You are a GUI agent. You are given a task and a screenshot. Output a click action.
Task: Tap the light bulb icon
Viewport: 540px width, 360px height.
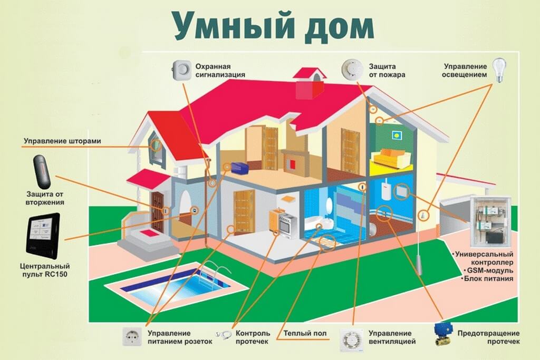point(499,70)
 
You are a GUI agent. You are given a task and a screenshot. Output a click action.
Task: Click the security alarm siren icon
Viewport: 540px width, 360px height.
point(181,70)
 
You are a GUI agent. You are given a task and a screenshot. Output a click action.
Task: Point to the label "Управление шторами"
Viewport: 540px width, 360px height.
point(62,141)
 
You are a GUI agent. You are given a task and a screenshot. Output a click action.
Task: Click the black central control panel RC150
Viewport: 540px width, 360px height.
point(43,236)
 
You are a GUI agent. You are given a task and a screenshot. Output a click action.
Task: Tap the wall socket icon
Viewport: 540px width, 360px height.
point(132,337)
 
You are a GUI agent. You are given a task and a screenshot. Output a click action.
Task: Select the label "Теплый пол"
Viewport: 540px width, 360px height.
point(305,333)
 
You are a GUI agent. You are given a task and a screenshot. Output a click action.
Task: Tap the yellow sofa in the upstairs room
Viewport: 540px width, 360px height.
point(392,158)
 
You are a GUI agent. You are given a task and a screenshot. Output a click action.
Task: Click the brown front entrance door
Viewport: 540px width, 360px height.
point(158,211)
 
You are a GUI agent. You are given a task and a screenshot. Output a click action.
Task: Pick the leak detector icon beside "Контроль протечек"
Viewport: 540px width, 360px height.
point(224,334)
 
